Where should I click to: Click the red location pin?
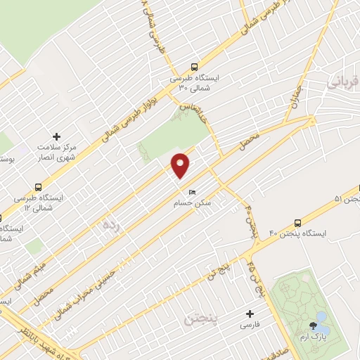coord(181,164)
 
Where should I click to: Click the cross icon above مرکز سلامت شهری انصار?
coord(57,136)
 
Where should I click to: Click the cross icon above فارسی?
coord(250,314)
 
